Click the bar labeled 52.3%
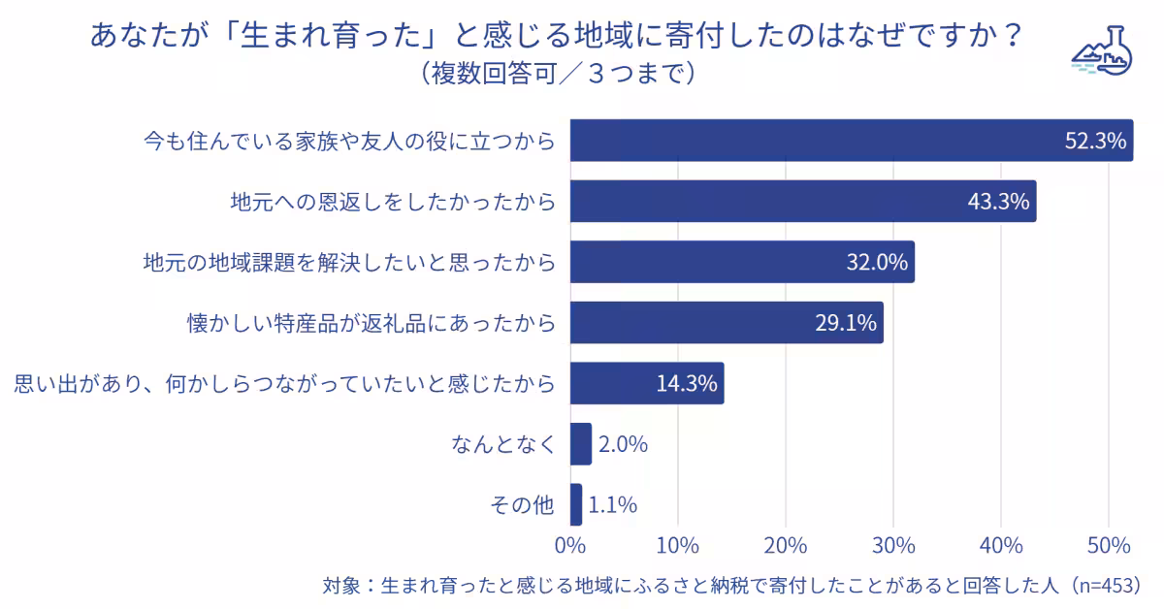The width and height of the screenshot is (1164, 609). (851, 141)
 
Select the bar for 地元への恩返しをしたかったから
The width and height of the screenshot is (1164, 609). (802, 202)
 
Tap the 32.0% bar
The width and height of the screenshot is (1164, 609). (741, 262)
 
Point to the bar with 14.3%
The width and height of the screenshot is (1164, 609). (646, 383)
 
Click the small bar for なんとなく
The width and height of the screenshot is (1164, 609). (580, 444)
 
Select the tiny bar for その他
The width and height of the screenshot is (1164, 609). (576, 504)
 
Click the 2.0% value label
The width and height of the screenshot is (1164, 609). (623, 445)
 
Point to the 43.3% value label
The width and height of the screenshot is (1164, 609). (998, 202)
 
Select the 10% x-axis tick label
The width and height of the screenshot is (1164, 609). (678, 546)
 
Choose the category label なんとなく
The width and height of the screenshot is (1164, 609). (503, 445)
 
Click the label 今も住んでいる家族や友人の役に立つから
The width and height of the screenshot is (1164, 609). (349, 142)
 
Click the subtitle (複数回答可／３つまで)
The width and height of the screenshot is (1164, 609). (558, 74)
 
